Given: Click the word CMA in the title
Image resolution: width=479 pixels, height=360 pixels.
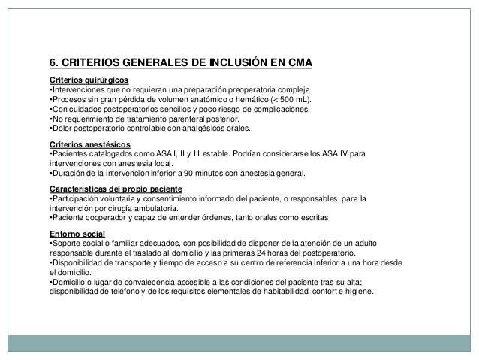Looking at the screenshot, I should click(296, 62).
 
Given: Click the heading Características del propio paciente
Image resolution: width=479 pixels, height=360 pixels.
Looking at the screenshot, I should click(119, 189).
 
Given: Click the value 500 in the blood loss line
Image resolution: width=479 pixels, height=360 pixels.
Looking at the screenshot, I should click(286, 99).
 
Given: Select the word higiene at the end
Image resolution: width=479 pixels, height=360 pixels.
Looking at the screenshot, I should click(368, 292).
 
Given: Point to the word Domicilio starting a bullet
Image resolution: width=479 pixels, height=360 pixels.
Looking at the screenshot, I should click(69, 283).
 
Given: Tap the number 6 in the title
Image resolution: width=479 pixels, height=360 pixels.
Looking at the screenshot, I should click(53, 62).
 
